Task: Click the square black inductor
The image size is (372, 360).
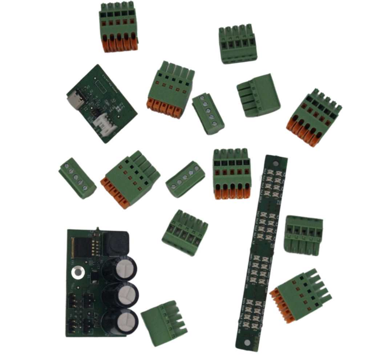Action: (x=116, y=242)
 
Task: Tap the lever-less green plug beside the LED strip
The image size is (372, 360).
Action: (x=303, y=235)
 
